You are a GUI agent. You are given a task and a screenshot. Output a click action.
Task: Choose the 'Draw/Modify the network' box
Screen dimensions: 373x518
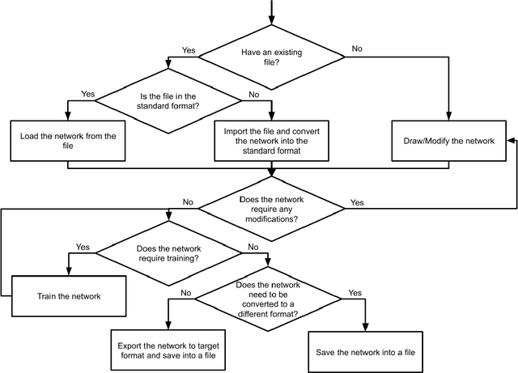point(448,141)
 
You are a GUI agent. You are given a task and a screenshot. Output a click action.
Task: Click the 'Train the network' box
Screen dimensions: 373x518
point(70,296)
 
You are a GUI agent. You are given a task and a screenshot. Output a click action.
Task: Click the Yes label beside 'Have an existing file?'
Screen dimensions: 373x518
point(189,50)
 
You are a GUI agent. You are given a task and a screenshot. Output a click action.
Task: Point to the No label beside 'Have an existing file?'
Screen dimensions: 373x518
point(357,49)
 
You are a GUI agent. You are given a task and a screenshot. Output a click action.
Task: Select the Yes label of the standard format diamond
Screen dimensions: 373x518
point(87,95)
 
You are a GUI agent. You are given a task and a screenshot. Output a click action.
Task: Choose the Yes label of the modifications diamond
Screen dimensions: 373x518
point(357,201)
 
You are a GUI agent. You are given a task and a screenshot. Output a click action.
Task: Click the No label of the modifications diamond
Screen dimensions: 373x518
point(188,201)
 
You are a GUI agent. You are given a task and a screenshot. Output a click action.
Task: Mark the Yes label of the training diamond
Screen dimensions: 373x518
point(83,246)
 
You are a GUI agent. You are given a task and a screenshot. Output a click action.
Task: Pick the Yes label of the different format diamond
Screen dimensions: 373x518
point(354,292)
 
